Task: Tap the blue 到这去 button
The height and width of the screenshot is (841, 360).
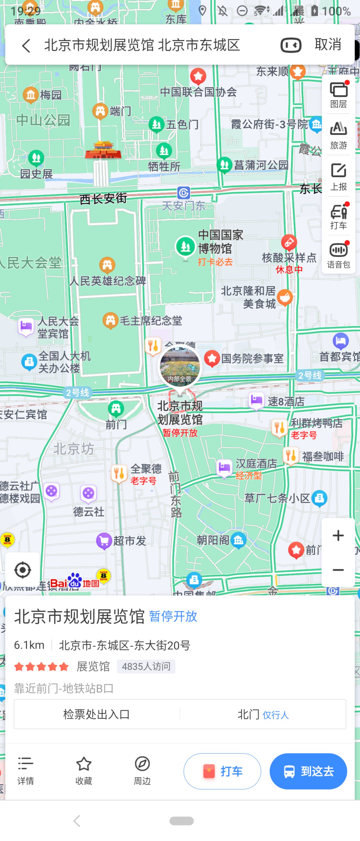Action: tap(308, 771)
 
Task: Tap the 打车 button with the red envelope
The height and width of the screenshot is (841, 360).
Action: tap(222, 771)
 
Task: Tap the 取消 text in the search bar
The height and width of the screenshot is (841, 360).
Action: tap(328, 44)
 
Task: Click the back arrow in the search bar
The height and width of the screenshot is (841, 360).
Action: tap(26, 45)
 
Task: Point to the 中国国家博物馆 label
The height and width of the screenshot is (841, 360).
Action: tap(221, 242)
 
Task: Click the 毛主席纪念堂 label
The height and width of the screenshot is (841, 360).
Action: tap(150, 321)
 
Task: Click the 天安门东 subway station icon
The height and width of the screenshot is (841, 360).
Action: tap(184, 193)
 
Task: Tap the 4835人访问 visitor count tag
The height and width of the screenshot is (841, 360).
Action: tap(146, 666)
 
